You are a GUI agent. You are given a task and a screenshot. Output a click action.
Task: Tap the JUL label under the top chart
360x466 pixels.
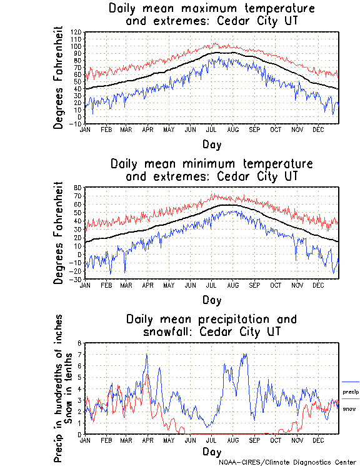(211, 129)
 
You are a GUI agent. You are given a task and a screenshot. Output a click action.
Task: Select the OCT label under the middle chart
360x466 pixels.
(275, 285)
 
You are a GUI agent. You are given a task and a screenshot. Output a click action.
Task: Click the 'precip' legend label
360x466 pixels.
(350, 392)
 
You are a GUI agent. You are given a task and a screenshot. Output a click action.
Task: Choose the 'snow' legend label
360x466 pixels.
(349, 408)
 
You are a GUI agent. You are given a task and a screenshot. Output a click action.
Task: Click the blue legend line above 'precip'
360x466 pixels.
(351, 382)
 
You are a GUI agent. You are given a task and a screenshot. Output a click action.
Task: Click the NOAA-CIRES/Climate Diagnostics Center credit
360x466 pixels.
(287, 462)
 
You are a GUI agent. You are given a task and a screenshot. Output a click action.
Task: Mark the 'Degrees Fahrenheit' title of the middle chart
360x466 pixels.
(59, 233)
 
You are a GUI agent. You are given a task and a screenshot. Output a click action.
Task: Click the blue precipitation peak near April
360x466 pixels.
(147, 355)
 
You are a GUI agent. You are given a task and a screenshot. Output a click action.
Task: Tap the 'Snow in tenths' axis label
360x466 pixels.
(70, 388)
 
